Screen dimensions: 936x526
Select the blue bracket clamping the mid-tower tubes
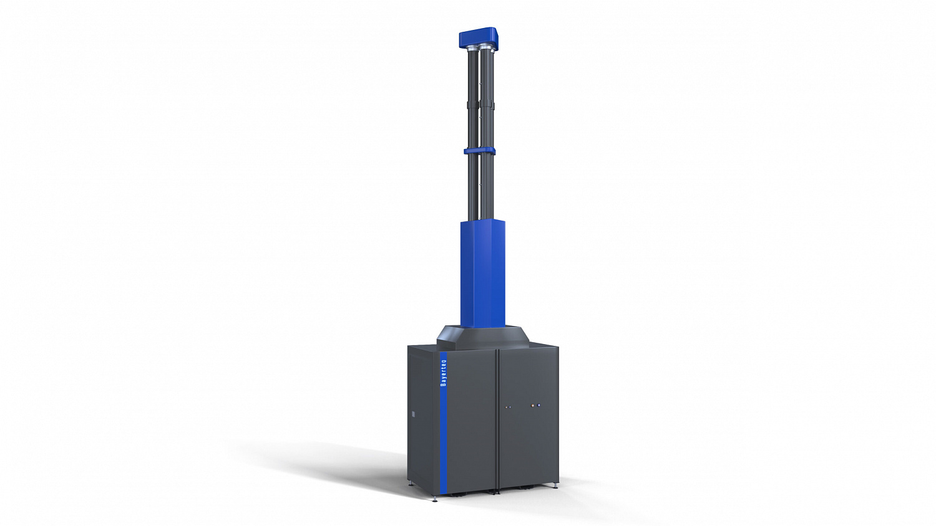coord(479,150)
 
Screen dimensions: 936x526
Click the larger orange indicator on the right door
coord(532,405)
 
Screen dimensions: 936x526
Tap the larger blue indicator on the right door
coord(539,405)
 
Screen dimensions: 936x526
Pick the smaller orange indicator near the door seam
coord(507,406)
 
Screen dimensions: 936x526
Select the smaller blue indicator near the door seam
coord(510,406)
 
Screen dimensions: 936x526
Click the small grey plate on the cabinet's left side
coord(414,414)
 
